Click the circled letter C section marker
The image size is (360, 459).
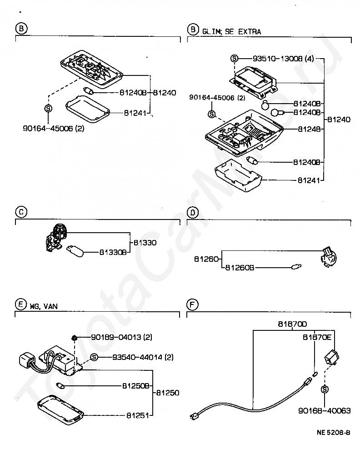tap(21, 211)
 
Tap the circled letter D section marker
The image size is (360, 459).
tap(193, 211)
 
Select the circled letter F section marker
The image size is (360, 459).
tap(193, 302)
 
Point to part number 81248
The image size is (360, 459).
tap(309, 129)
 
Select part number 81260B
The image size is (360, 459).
tap(238, 268)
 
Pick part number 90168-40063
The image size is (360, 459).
tap(325, 410)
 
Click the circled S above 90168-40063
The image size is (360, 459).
tap(325, 389)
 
